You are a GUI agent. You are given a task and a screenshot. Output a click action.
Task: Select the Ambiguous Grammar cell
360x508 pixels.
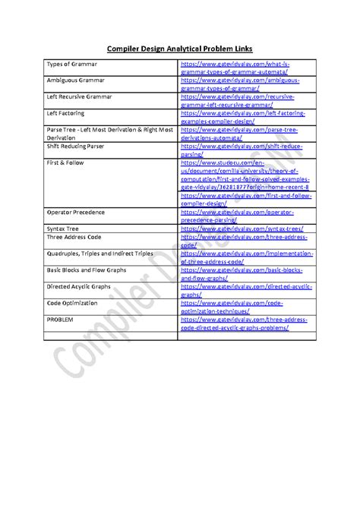(76, 79)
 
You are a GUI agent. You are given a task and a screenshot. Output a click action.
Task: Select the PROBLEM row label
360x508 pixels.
(61, 320)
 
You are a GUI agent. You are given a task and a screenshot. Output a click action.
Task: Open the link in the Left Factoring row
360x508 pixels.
(242, 117)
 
